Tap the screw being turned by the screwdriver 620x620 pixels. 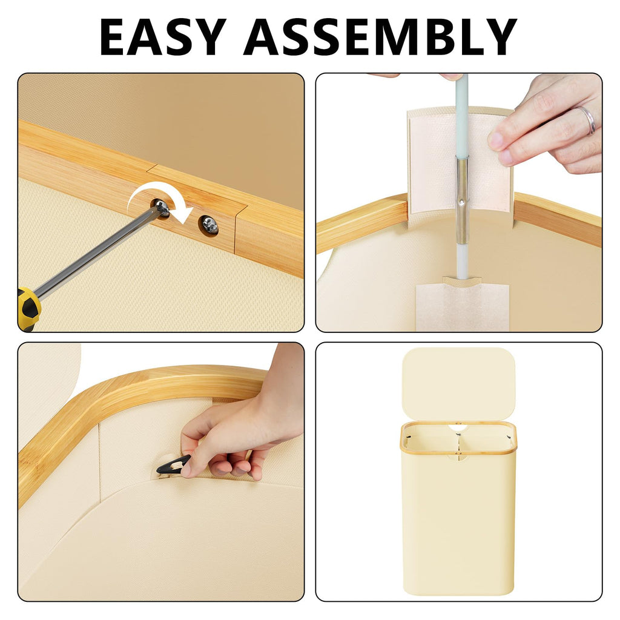click(x=162, y=208)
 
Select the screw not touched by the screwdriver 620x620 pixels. click(x=209, y=226)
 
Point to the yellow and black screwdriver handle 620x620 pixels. click(x=28, y=308)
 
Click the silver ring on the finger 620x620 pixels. click(x=587, y=119)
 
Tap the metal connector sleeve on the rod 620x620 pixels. click(x=462, y=200)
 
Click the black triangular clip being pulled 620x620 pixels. click(x=173, y=464)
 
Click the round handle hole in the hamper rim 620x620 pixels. click(x=459, y=427)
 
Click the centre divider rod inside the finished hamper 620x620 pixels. click(x=459, y=447)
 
